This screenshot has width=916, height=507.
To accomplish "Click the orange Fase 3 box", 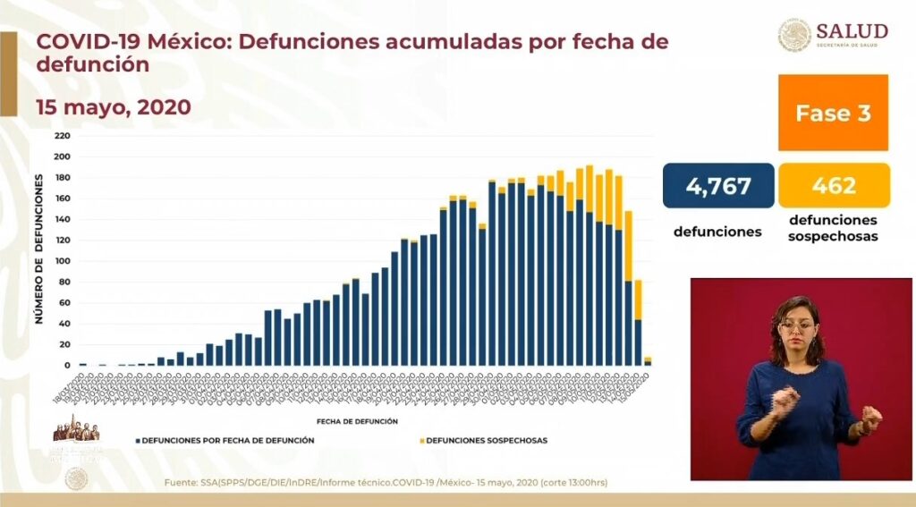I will point(833,113).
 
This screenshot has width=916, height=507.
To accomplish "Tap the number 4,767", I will point(717,186).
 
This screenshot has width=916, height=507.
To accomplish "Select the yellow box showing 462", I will point(834,186).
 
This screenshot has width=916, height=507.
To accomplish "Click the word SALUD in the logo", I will point(851,31).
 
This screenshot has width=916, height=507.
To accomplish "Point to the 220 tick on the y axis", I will point(62,136).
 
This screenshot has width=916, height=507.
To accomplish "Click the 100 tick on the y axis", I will point(62,261).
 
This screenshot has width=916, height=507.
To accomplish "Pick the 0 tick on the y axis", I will point(66,366).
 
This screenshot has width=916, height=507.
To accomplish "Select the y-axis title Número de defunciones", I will point(39,249).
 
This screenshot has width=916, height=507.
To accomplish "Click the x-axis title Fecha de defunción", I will point(356,420).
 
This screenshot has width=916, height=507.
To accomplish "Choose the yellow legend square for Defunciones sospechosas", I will point(420,441).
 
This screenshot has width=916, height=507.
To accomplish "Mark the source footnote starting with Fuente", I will point(386,483).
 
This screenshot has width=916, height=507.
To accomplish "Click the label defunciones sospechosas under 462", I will point(834,230).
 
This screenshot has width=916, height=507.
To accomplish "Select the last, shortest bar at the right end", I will point(647,361).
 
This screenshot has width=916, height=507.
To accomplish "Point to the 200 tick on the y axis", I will point(62,156).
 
